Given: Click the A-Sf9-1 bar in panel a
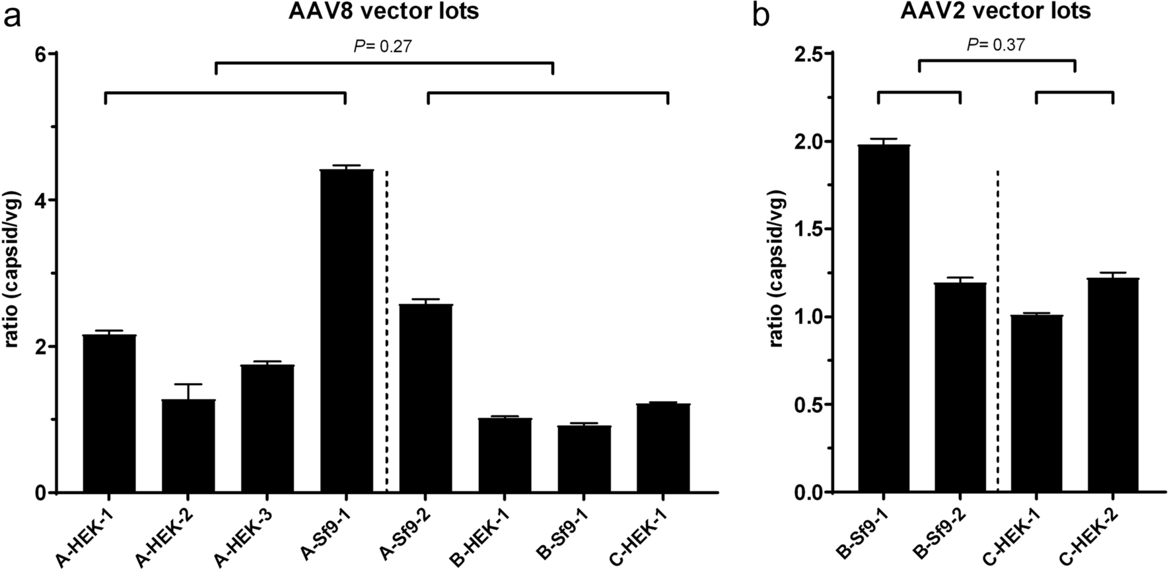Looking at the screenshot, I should point(347,330).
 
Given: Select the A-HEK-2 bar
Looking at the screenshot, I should point(188,446).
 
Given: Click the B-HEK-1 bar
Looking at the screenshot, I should point(505,455).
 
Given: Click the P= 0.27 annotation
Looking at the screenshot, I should point(384,46).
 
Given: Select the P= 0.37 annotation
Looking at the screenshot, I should point(997,45).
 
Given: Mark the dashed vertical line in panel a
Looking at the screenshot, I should point(386,330).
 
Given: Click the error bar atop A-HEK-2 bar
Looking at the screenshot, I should point(188,391).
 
